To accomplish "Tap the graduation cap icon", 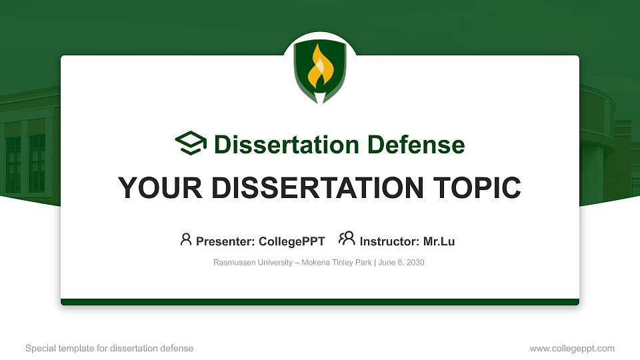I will click(x=191, y=143).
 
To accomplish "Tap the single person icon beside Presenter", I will click(x=186, y=239).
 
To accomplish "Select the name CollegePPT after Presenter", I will click(x=291, y=241).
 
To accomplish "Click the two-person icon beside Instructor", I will click(x=347, y=239).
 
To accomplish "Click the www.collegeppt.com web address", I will click(x=572, y=349).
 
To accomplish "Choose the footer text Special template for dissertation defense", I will click(x=109, y=349).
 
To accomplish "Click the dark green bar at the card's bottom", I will click(x=320, y=302).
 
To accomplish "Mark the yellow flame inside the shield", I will click(x=320, y=68).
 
